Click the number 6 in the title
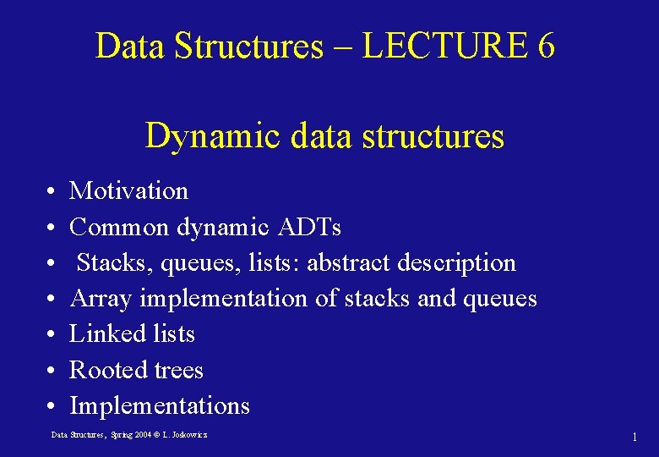545,47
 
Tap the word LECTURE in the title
444,47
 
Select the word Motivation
128,191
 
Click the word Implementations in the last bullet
160,406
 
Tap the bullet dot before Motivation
52,192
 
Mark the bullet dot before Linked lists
52,335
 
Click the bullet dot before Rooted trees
52,371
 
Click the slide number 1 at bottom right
634,437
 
